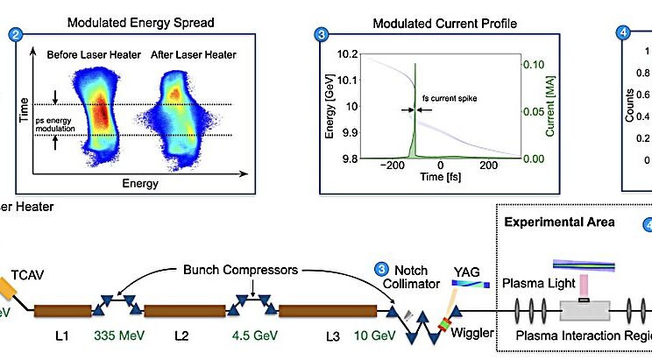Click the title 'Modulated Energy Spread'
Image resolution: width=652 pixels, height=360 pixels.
tap(135, 21)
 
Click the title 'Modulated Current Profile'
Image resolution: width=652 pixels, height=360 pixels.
tap(441, 21)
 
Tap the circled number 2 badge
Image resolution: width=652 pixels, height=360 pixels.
tap(15, 35)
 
